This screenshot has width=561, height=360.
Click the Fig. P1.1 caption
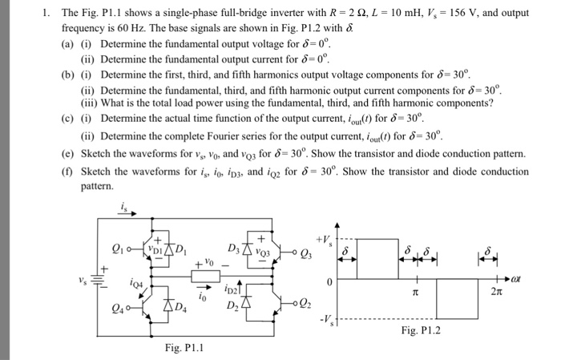click(x=184, y=348)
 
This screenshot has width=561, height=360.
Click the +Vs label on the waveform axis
click(x=325, y=238)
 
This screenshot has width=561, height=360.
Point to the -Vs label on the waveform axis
click(x=325, y=321)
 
